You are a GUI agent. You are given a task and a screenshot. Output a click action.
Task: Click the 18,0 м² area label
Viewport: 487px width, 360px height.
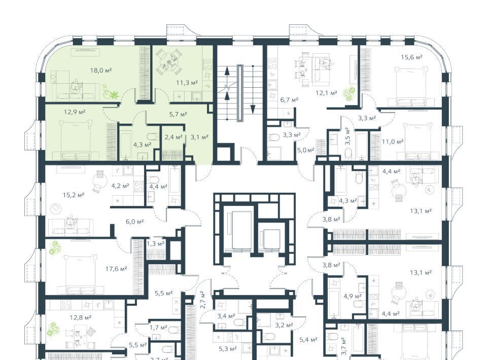pos(101,70)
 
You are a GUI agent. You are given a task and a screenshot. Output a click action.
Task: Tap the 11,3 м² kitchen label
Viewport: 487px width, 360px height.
pos(187,83)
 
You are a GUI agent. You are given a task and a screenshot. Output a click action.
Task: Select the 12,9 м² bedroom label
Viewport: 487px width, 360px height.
pos(75,112)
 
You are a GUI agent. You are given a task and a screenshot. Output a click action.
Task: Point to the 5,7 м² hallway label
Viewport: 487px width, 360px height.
pos(178,114)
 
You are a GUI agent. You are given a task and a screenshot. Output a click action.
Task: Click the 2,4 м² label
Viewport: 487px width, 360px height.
pos(173,137)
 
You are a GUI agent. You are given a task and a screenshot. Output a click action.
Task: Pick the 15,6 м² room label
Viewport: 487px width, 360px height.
pos(411,57)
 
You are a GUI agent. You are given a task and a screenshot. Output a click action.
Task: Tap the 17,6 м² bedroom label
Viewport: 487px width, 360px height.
pos(116,269)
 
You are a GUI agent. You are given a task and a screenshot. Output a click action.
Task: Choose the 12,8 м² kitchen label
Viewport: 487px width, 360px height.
pos(80,317)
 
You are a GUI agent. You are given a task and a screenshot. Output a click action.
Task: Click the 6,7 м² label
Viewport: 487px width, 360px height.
pos(289,99)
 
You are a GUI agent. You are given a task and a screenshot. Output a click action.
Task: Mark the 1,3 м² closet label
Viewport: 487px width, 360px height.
pos(155,243)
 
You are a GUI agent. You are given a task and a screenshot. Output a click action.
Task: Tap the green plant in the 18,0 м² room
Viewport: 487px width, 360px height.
pos(111,92)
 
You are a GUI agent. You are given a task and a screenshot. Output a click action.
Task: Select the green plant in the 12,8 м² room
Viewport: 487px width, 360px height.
pos(53,329)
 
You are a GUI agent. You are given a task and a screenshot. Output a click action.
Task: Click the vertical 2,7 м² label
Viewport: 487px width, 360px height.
pos(202,299)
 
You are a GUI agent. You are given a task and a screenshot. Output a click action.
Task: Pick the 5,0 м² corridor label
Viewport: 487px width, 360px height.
pos(305,150)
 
